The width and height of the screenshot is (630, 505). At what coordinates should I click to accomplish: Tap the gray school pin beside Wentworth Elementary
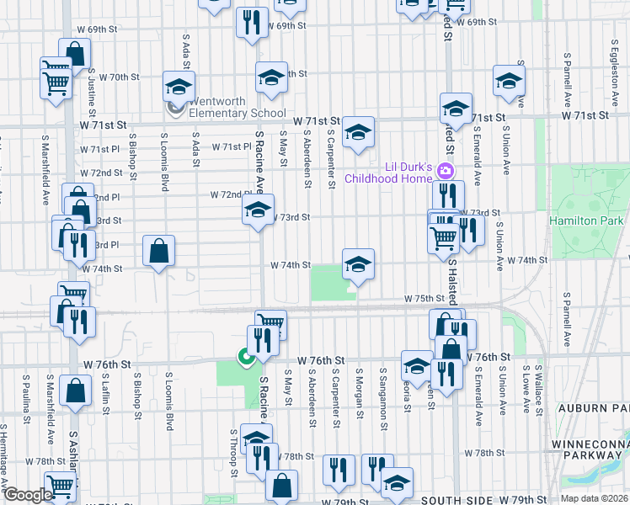click(x=176, y=108)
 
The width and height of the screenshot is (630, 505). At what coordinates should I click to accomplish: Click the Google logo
click(x=27, y=496)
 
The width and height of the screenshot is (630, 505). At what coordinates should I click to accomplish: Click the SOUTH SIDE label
click(x=451, y=501)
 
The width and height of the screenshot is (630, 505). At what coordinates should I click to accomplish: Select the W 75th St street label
click(x=424, y=299)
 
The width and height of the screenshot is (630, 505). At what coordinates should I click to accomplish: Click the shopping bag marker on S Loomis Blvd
click(x=158, y=251)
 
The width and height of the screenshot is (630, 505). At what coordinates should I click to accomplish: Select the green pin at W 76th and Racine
click(x=246, y=358)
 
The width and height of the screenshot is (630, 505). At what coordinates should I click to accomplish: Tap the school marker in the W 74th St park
click(x=358, y=265)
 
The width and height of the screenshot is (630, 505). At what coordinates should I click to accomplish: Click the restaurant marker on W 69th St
click(x=252, y=23)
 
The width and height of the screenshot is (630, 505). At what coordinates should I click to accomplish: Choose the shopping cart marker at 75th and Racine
click(x=270, y=324)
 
